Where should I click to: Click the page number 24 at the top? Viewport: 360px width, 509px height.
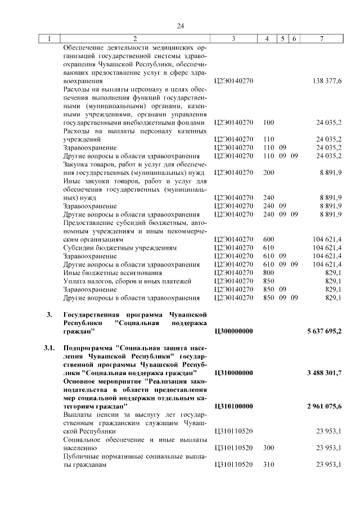pos(181,26)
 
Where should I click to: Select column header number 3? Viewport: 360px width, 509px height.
pos(233,39)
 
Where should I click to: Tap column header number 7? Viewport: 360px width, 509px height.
pos(321,39)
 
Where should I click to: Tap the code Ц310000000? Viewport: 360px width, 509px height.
pos(234,373)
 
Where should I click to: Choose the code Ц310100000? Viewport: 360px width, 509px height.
pos(234,406)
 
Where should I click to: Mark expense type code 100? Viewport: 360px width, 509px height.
pos(268,122)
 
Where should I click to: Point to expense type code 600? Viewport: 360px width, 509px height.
pos(268,239)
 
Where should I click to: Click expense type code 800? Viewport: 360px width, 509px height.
pos(268,272)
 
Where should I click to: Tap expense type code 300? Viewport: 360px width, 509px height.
pos(268,448)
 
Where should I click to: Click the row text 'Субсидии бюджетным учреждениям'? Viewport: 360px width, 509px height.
pos(120,247)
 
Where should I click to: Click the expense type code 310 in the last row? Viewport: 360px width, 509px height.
pos(268,465)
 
